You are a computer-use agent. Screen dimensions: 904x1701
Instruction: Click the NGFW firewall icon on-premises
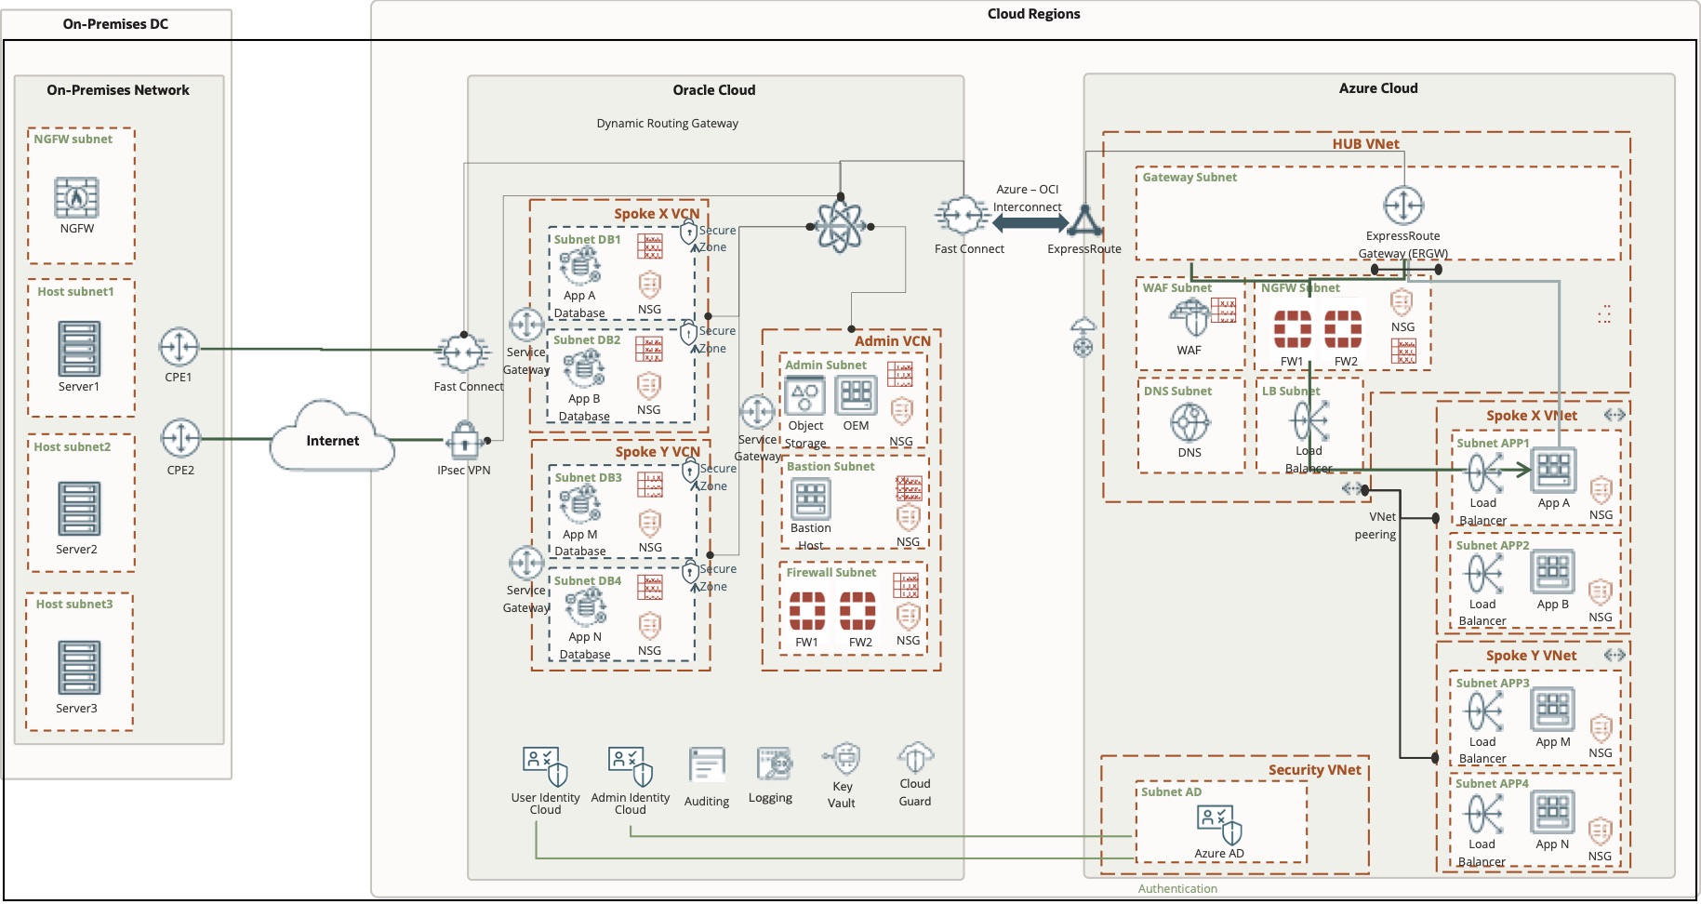click(x=76, y=197)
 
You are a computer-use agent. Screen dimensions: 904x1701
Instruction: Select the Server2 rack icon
click(x=78, y=509)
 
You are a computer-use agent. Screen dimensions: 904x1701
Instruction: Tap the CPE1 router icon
click(x=179, y=348)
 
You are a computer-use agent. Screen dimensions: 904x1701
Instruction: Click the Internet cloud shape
click(x=332, y=439)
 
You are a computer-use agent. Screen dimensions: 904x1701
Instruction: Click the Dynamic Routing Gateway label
click(x=667, y=123)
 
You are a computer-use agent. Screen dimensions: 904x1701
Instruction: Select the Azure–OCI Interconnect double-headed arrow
click(x=1030, y=223)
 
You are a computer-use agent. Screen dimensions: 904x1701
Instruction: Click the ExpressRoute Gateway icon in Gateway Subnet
click(x=1403, y=206)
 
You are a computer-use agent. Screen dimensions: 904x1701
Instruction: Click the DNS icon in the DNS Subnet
click(x=1189, y=424)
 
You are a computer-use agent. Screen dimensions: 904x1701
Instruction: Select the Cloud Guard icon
click(x=915, y=758)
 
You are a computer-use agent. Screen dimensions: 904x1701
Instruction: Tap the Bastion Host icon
click(x=810, y=499)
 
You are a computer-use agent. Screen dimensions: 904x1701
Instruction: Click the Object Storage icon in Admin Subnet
click(x=804, y=397)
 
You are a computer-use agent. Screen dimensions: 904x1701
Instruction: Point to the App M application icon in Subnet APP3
click(x=1552, y=710)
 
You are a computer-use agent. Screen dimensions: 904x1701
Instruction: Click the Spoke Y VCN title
click(x=657, y=452)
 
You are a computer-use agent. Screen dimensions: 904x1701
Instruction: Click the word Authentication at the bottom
click(x=1177, y=889)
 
